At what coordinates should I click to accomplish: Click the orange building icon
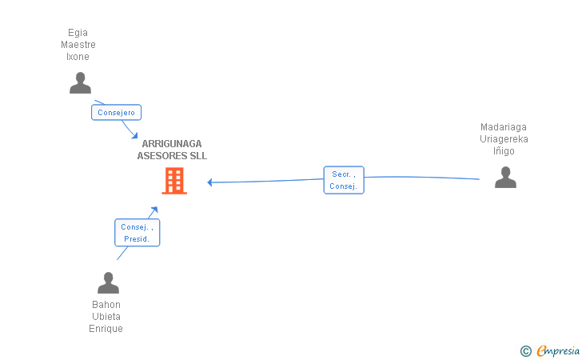click(x=174, y=181)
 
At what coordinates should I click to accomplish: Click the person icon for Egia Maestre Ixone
click(x=80, y=83)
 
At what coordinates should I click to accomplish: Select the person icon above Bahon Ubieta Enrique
click(x=108, y=282)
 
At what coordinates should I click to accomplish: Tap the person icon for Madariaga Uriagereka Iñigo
click(x=505, y=177)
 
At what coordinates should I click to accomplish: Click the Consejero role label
click(x=117, y=113)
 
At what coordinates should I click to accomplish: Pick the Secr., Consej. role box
click(x=344, y=180)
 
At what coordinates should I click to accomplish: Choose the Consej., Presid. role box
click(x=137, y=233)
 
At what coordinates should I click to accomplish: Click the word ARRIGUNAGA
click(x=172, y=144)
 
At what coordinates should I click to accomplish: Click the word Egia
click(x=78, y=33)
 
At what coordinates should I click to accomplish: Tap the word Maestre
click(x=78, y=45)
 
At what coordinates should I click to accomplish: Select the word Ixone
click(x=78, y=57)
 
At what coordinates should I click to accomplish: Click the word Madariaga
click(x=504, y=126)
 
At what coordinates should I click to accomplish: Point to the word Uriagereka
click(x=504, y=139)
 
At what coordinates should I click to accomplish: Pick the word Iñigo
click(x=504, y=151)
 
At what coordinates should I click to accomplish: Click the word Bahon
click(x=106, y=305)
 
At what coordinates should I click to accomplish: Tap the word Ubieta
click(x=106, y=317)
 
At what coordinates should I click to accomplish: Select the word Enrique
click(x=106, y=329)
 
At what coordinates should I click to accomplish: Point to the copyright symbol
click(x=525, y=350)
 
